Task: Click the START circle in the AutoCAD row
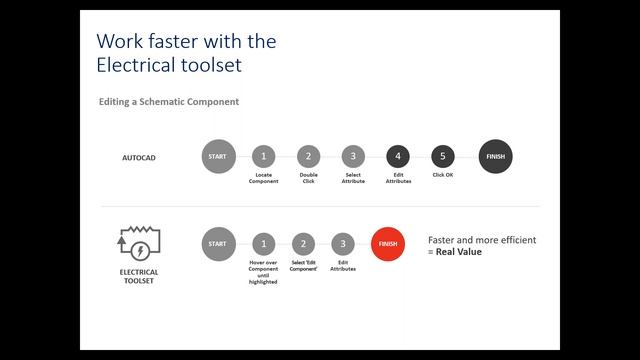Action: tap(218, 157)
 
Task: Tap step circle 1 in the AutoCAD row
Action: tap(263, 157)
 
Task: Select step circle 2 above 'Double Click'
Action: tap(308, 157)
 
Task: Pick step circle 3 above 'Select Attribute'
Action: tap(353, 157)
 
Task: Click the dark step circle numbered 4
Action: tap(398, 157)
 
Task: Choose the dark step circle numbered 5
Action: tap(443, 157)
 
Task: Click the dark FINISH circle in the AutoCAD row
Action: tap(496, 157)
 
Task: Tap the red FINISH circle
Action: tap(388, 243)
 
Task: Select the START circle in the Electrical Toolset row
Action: tap(218, 243)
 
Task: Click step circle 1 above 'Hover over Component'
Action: tap(263, 243)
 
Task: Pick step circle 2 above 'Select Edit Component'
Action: tap(303, 243)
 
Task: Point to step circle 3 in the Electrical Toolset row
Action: tap(343, 243)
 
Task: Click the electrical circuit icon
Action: tap(140, 243)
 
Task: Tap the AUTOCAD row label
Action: tap(139, 158)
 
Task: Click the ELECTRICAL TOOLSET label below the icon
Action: tap(140, 276)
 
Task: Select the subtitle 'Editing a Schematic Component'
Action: tap(168, 102)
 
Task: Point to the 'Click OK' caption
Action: tap(443, 175)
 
